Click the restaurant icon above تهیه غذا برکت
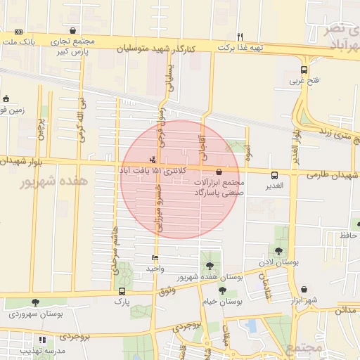[240, 37]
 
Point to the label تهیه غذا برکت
[240, 48]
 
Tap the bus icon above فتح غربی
[304, 70]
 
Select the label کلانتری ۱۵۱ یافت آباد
[153, 171]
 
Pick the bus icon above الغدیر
[274, 175]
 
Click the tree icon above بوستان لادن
[279, 251]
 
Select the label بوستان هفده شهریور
[210, 277]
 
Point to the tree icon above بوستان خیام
[222, 290]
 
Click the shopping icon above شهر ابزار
[304, 290]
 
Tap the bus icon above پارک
[122, 291]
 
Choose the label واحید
[155, 269]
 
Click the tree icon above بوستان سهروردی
[36, 303]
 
